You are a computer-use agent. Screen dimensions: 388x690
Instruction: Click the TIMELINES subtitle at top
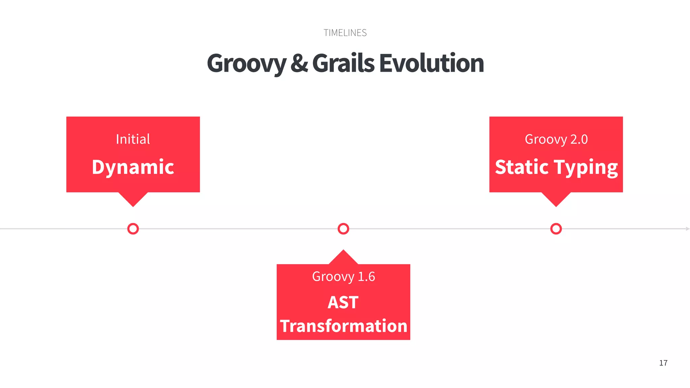345,33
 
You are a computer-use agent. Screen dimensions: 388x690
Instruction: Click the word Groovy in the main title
246,64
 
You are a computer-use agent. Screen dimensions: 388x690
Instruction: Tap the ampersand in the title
299,63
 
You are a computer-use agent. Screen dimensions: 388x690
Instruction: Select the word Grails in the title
343,63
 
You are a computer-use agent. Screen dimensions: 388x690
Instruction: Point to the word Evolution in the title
432,63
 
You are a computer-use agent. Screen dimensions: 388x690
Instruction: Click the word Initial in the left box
133,139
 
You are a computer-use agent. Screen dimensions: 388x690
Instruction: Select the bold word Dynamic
133,167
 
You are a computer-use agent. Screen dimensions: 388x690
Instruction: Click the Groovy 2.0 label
556,139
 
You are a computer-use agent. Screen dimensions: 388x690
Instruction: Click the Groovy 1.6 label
343,277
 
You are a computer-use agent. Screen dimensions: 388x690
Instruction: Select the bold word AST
343,302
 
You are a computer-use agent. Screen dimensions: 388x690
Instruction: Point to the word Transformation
343,326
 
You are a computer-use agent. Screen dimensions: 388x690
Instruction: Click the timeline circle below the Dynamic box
133,229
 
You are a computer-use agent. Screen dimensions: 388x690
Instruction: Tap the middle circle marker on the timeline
343,229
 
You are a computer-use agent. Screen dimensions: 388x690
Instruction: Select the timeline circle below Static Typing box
556,229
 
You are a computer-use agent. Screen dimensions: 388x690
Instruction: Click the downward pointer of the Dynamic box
133,199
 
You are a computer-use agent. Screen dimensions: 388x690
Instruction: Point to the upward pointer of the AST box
343,257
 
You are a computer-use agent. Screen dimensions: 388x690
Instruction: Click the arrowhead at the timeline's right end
687,229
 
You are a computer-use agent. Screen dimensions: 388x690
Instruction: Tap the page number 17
663,363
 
